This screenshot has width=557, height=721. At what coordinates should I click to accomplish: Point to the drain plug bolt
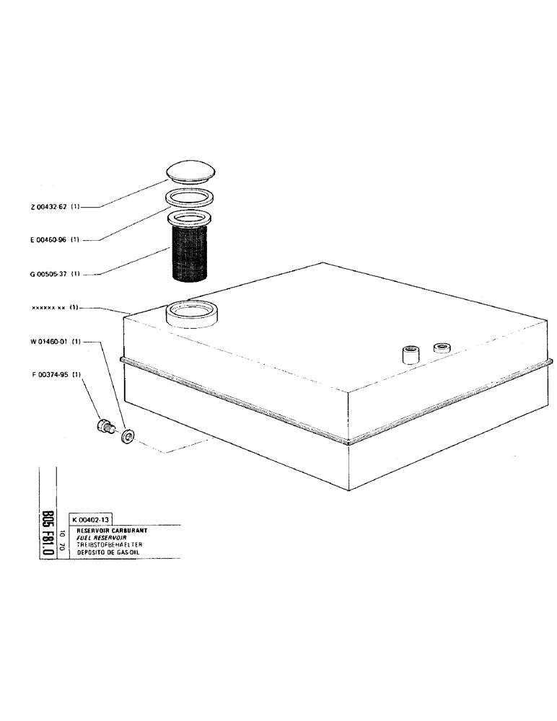pos(105,426)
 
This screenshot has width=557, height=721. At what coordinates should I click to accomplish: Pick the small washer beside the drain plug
pos(128,436)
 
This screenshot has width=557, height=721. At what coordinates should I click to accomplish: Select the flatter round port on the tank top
pos(441,348)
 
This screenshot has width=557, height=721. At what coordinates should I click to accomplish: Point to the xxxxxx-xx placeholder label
pos(49,308)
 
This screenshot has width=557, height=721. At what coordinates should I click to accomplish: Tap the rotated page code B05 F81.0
pos(48,532)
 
